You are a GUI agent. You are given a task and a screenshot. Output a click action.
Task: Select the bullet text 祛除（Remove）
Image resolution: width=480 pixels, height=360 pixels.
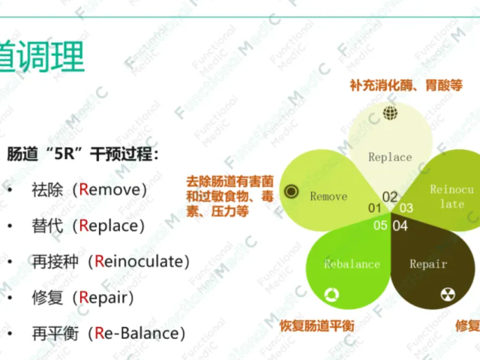tap(89, 189)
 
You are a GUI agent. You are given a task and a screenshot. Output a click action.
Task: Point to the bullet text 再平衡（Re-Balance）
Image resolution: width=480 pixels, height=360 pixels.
tap(108, 332)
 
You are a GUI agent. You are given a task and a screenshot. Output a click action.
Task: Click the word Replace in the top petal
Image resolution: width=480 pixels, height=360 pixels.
tap(390, 157)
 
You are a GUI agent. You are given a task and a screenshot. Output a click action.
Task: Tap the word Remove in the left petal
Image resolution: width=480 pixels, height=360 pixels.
tap(328, 196)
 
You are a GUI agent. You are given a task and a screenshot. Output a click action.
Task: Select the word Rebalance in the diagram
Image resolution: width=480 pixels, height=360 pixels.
tap(352, 264)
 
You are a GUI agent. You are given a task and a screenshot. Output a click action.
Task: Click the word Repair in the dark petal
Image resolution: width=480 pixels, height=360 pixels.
tap(428, 264)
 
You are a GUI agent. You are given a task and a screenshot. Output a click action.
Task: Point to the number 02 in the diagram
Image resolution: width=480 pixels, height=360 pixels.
tap(390, 197)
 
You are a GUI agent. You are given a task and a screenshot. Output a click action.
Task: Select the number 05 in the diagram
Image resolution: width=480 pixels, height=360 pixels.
tap(381, 225)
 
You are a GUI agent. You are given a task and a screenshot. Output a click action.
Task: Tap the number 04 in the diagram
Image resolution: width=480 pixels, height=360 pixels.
tap(400, 225)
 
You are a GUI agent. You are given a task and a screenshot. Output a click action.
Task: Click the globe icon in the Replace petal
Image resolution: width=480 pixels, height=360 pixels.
tap(389, 113)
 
